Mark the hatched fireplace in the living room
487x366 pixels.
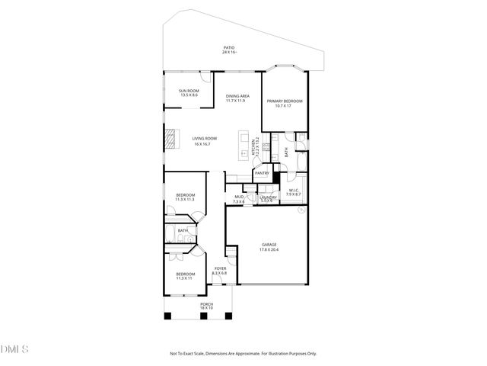172,139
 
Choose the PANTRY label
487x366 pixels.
263,173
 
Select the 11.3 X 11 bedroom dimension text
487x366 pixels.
185,278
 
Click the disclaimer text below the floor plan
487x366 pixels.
243,353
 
